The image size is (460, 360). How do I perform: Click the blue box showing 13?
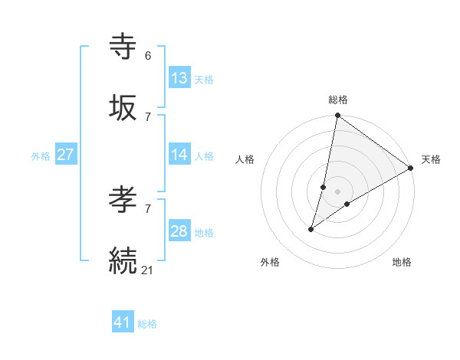point(179,78)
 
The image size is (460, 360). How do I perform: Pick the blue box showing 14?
point(179,155)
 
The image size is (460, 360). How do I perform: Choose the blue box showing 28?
point(179,231)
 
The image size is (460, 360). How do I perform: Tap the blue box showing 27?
point(66,155)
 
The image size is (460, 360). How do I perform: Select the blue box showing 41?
point(123,322)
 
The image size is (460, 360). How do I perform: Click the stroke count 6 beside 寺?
point(148,55)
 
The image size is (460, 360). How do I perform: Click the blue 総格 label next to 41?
point(147,324)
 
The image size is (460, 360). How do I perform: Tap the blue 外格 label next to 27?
point(41,156)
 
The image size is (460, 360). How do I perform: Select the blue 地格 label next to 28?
point(204,233)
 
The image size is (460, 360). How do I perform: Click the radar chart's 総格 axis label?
point(338,100)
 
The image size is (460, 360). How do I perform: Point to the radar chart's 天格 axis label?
point(431,159)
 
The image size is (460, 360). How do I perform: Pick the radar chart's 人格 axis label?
point(245,159)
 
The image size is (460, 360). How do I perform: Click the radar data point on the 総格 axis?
point(338,116)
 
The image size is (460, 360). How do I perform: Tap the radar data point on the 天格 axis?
point(411,168)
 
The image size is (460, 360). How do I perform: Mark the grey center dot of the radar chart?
point(338,191)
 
